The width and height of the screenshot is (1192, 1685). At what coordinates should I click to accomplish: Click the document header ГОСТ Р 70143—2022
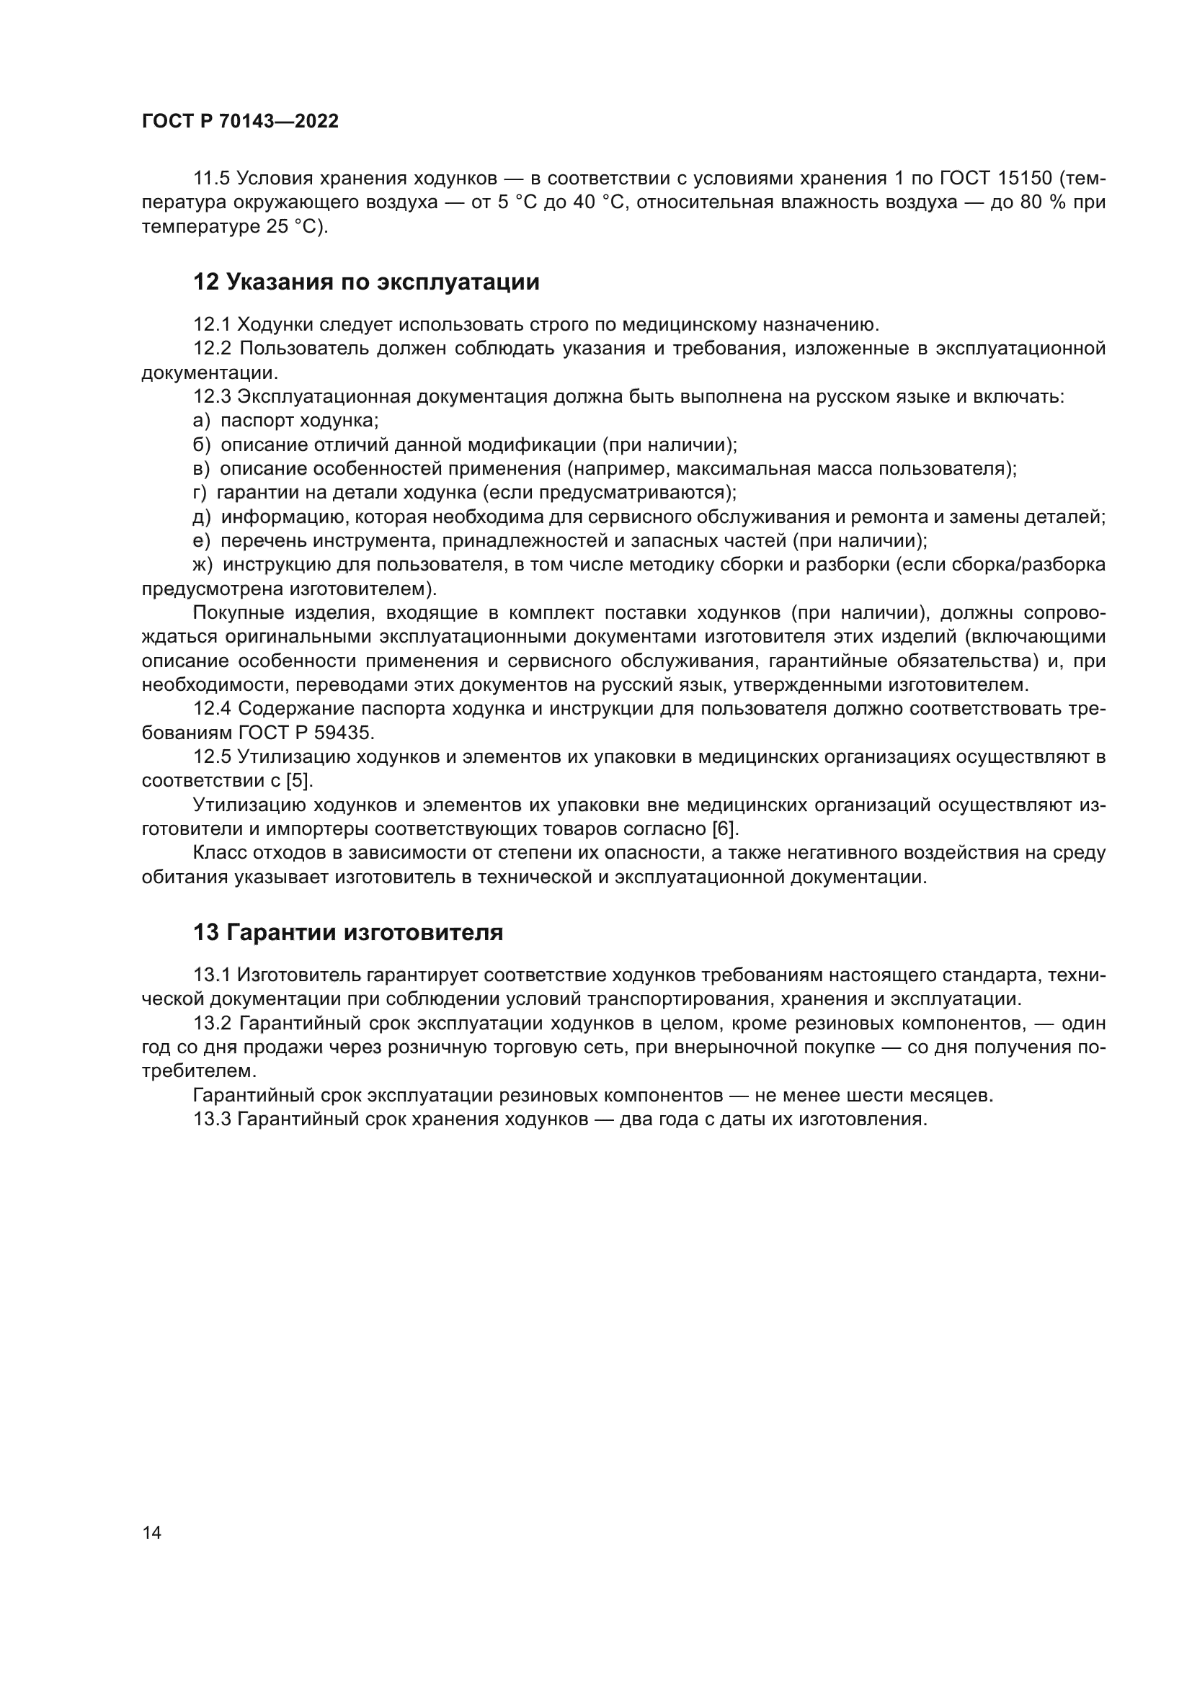(x=240, y=122)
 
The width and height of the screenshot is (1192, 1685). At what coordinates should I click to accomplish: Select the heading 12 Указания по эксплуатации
(x=365, y=282)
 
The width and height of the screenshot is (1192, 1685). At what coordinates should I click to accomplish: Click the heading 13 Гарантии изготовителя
(x=348, y=933)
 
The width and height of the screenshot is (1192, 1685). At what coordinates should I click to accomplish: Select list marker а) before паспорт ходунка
(x=201, y=421)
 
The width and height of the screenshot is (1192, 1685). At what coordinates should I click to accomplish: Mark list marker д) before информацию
(x=202, y=517)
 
